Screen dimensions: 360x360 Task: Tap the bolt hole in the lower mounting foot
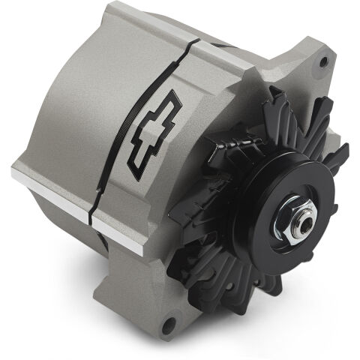point(169,325)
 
